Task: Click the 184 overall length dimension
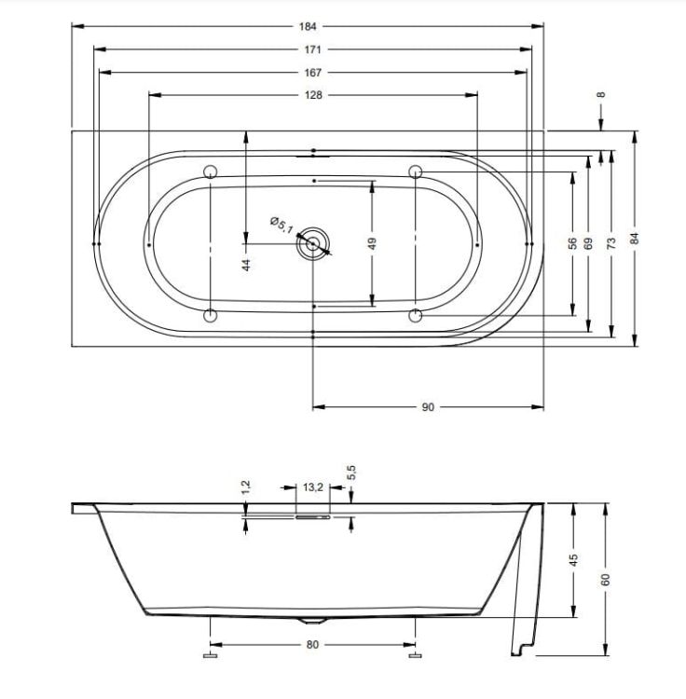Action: click(308, 26)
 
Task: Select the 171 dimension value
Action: click(312, 49)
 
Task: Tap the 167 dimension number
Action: click(312, 72)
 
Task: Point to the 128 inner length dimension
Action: click(313, 95)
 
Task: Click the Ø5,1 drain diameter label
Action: click(281, 226)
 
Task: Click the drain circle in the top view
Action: click(312, 243)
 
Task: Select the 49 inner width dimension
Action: click(372, 243)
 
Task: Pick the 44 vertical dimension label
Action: click(246, 265)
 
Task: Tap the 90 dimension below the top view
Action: click(428, 407)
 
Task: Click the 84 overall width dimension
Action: click(635, 239)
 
